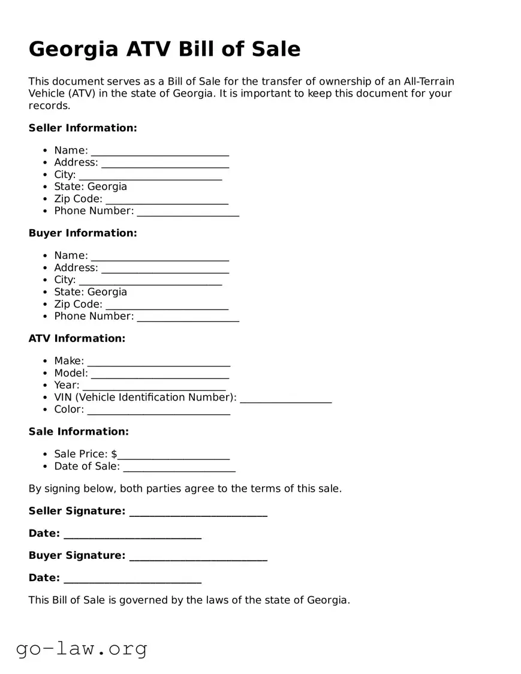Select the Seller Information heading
click(x=83, y=128)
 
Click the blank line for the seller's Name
click(x=159, y=151)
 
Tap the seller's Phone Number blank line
click(x=188, y=212)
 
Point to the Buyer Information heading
click(x=83, y=233)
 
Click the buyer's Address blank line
click(x=165, y=269)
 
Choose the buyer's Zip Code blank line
click(x=167, y=305)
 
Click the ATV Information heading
click(x=77, y=339)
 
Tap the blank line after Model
click(x=159, y=374)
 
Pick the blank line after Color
click(x=158, y=410)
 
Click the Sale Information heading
click(x=79, y=432)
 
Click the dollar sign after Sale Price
click(x=114, y=455)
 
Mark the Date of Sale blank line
click(x=179, y=467)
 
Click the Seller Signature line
click(x=198, y=512)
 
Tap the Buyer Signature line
click(x=198, y=556)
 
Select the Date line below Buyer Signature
click(x=132, y=579)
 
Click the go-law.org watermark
click(x=82, y=648)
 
